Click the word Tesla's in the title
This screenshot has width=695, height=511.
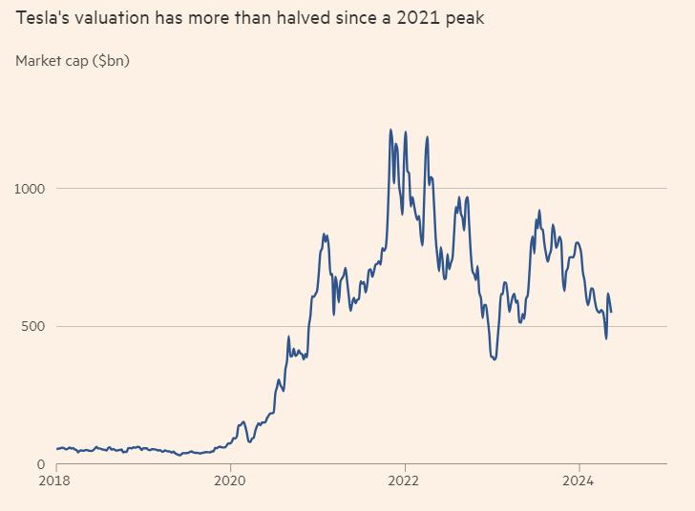click(41, 18)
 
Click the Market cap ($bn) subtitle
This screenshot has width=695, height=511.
click(73, 61)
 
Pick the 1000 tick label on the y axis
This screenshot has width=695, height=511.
click(30, 189)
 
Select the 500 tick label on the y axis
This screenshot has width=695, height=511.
click(33, 327)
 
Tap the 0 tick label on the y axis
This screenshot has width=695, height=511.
click(41, 464)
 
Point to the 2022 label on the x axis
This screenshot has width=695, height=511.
click(405, 482)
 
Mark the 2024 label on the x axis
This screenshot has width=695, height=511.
click(579, 482)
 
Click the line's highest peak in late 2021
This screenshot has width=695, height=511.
click(390, 130)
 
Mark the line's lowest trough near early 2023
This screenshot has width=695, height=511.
click(494, 359)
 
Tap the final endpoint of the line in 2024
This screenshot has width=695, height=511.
click(611, 312)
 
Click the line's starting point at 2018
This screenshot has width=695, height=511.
click(56, 449)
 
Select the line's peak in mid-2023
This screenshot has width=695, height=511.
click(539, 211)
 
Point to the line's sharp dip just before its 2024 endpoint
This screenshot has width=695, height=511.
click(605, 337)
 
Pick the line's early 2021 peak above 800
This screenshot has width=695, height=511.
click(325, 234)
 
